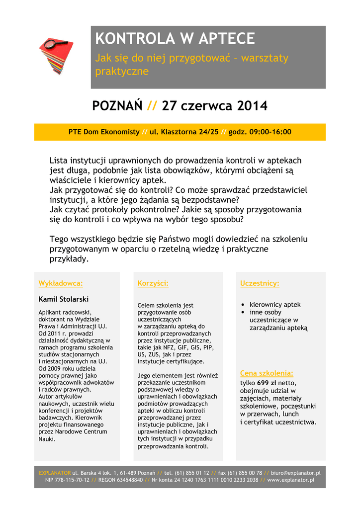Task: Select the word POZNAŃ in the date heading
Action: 117,106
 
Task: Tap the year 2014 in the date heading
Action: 252,106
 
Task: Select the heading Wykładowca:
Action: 61,283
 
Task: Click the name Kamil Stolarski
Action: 64,299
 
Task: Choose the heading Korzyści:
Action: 153,283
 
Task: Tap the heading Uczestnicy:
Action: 260,283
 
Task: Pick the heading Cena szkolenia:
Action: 267,373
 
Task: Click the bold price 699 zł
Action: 267,383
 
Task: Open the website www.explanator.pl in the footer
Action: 291,480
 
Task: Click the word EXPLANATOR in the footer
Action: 55,473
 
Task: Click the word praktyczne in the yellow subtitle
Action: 122,71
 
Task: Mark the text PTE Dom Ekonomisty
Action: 104,132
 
